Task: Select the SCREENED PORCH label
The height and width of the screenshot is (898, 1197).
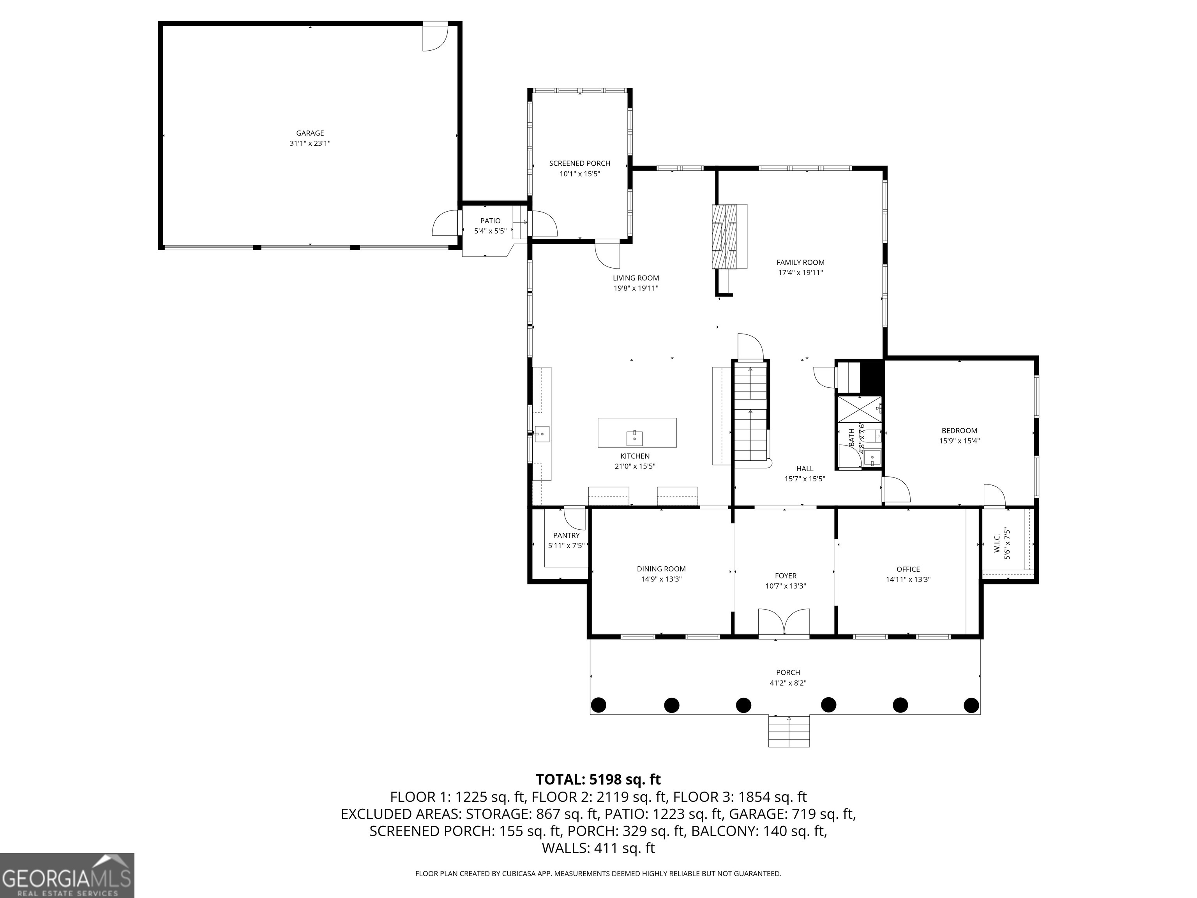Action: pos(579,163)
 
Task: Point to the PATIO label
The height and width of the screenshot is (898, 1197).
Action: pos(490,221)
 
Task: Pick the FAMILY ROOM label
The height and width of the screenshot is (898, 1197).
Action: pos(800,263)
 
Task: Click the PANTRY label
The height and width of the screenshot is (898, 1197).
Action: pos(566,536)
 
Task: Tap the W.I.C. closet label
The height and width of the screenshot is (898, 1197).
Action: pos(997,543)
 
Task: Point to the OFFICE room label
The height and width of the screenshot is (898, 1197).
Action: pos(908,569)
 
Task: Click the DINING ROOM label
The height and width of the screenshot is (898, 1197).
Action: pos(661,569)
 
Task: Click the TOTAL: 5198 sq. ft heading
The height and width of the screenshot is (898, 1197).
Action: pos(598,780)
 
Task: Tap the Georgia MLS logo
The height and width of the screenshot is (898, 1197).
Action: pos(67,875)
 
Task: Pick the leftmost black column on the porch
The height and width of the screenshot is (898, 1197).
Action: pos(598,705)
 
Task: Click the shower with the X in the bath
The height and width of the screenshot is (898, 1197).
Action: pos(859,409)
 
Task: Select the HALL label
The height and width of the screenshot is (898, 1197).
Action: pos(805,469)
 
